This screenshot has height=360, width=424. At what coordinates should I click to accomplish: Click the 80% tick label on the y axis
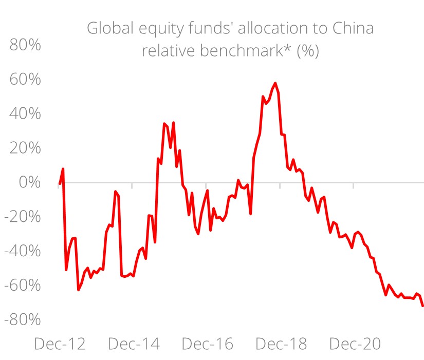click(x=25, y=45)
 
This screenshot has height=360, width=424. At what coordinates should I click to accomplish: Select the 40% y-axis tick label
click(x=25, y=113)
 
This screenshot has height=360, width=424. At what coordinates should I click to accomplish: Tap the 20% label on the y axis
click(x=25, y=148)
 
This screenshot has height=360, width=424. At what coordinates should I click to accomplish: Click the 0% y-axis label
click(x=30, y=182)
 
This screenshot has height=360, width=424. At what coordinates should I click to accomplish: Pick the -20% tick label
click(x=23, y=216)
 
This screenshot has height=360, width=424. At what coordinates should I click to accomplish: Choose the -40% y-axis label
click(x=23, y=251)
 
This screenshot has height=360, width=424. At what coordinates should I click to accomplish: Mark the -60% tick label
click(x=23, y=285)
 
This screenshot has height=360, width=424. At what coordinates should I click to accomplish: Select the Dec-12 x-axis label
click(x=60, y=344)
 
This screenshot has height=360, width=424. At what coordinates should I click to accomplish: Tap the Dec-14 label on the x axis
click(x=134, y=344)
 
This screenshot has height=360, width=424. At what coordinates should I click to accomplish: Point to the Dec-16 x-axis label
click(x=208, y=344)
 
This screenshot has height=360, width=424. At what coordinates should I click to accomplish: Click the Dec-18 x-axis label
click(x=282, y=344)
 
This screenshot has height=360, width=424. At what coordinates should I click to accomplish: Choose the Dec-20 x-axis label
click(x=356, y=344)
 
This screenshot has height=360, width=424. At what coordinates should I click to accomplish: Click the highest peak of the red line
click(x=275, y=83)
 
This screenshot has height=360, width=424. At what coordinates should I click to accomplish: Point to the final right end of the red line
click(x=422, y=306)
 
